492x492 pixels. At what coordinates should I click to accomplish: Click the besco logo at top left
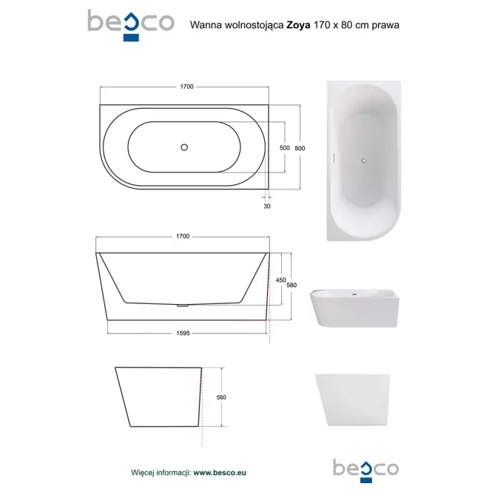[x=131, y=25]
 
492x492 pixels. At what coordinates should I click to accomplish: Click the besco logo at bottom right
[x=366, y=471]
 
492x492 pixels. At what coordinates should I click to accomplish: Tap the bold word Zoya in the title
[x=298, y=25]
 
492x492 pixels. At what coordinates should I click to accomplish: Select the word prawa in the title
[x=385, y=25]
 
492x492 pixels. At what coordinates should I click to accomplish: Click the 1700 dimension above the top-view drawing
[x=186, y=87]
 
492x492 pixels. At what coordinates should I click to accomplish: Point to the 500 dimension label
[x=285, y=148]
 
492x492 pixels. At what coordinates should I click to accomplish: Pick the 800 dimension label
[x=300, y=148]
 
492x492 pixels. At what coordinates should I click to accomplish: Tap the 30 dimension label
[x=267, y=206]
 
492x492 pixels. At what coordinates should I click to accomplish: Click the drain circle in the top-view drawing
[x=184, y=147]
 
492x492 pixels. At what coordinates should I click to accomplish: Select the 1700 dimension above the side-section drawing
[x=183, y=236]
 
